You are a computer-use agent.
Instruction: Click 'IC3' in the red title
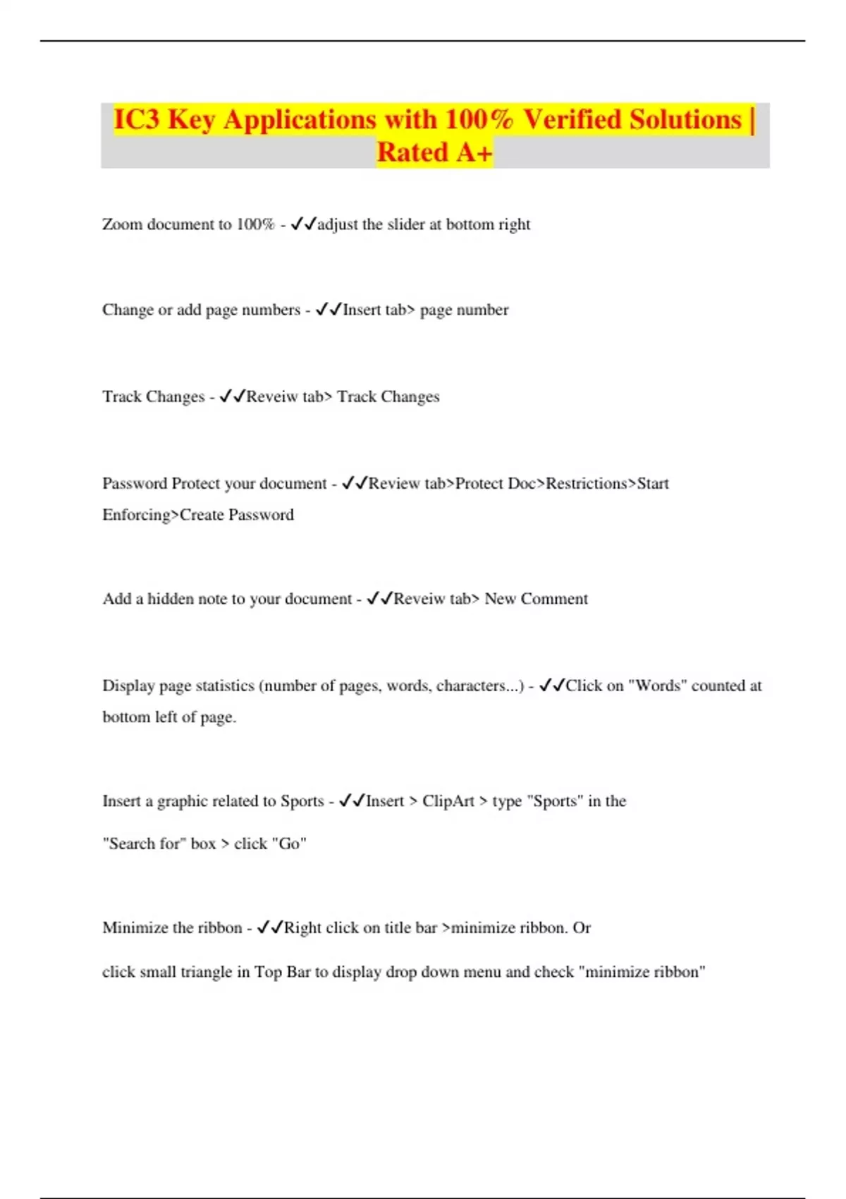tap(137, 120)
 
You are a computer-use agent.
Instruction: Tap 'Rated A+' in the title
tap(434, 152)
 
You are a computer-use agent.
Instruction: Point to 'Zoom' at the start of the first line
tap(122, 224)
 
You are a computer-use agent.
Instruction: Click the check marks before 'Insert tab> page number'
tap(329, 310)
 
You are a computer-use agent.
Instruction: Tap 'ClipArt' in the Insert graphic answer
tap(448, 801)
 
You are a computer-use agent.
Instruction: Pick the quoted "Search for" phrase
tap(144, 844)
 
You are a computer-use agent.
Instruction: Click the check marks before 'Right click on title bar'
tap(270, 927)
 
